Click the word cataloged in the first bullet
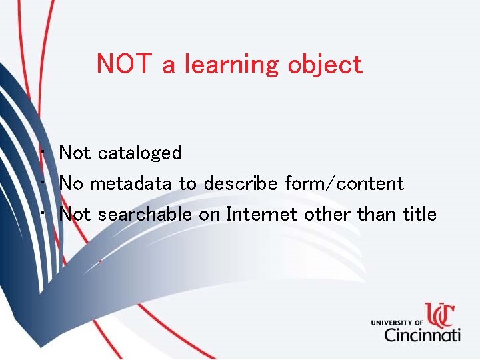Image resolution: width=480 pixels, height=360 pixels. (139, 153)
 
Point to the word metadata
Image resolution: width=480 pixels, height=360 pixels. (131, 183)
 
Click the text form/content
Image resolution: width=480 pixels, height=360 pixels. (344, 183)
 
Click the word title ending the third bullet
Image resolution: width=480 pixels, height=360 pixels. (420, 214)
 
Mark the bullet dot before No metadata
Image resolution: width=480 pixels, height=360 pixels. (42, 184)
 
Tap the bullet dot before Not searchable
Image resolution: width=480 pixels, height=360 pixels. (42, 215)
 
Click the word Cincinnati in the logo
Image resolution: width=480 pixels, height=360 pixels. (422, 333)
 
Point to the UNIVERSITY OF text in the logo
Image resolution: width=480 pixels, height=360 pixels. (396, 323)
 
